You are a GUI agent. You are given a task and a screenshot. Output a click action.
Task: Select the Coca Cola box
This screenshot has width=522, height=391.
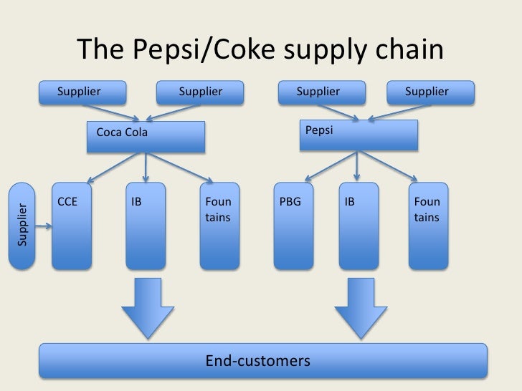pos(146,136)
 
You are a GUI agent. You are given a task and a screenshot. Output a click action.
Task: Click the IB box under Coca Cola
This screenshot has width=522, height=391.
pos(146,226)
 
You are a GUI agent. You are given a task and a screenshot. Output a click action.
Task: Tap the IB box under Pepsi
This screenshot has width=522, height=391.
pos(357,226)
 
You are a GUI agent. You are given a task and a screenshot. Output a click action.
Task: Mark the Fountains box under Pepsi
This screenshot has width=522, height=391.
pos(428,226)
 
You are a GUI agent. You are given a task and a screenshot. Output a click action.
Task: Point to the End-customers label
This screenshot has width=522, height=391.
pos(258,359)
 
